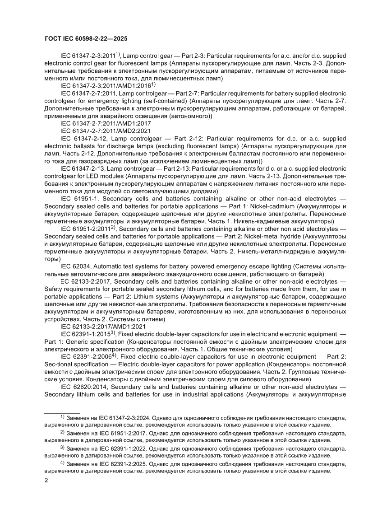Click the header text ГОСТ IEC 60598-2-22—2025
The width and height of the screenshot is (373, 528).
[86, 39]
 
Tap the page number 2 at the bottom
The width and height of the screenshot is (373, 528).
[46, 481]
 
